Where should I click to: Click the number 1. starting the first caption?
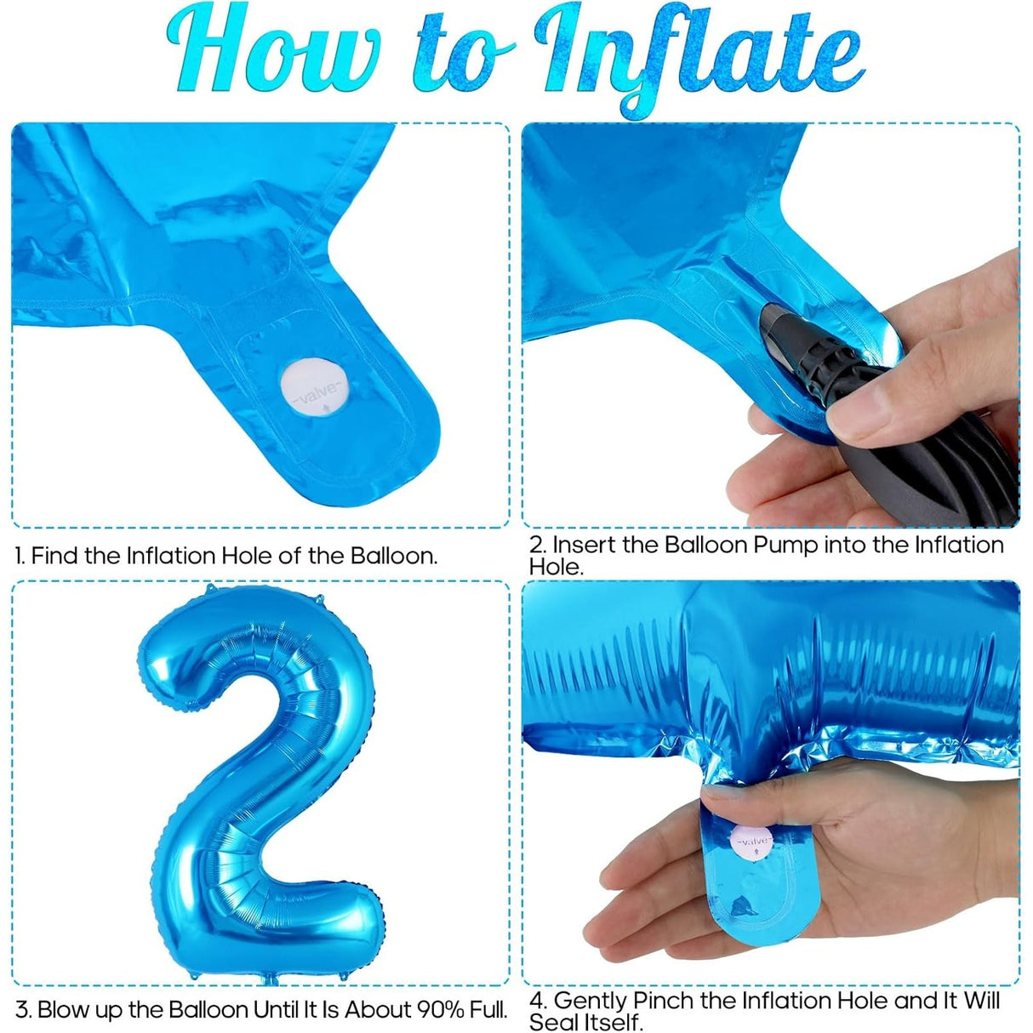point(20,556)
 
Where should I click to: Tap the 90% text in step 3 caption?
point(440,1010)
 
